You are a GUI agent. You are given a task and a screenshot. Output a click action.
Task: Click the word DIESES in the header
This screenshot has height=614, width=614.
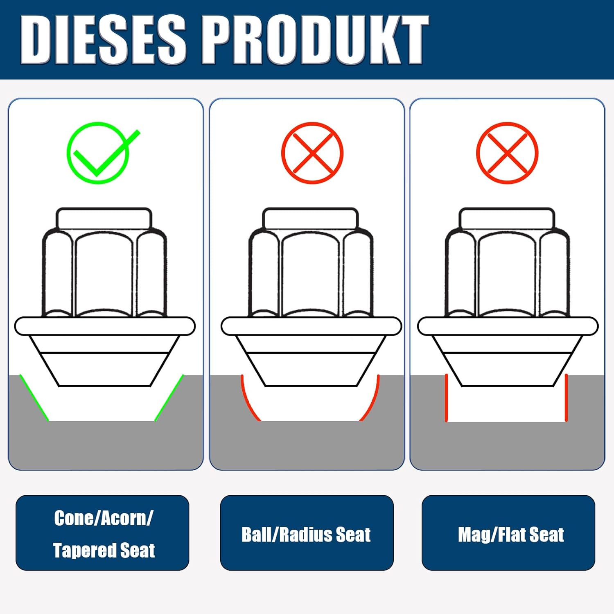103,40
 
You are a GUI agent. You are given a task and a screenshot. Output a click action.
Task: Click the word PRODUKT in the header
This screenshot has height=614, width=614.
315,40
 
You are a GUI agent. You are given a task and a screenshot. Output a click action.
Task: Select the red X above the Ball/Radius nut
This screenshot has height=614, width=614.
312,153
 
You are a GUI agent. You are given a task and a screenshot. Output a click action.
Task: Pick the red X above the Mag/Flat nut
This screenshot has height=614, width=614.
507,153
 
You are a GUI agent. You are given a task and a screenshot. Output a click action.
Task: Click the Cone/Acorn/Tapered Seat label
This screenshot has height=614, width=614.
104,534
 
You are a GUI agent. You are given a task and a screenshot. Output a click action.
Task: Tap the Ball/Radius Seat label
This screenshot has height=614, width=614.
306,535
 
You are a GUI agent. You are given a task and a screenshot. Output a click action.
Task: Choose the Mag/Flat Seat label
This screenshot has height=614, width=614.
511,535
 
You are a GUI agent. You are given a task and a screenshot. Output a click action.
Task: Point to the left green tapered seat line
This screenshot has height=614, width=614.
34,397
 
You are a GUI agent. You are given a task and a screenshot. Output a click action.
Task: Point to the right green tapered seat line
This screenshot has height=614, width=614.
169,397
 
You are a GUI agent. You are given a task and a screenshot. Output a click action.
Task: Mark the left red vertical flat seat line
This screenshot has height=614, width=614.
447,397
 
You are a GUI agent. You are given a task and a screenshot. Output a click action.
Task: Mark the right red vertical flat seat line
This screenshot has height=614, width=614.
566,397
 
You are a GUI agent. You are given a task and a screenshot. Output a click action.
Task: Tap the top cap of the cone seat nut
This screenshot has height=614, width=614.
104,219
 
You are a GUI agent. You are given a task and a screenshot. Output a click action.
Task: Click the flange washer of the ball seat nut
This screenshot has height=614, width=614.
312,326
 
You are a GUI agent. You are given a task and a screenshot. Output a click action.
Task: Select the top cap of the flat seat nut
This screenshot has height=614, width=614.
507,219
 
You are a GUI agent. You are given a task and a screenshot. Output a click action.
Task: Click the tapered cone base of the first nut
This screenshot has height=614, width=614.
105,361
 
